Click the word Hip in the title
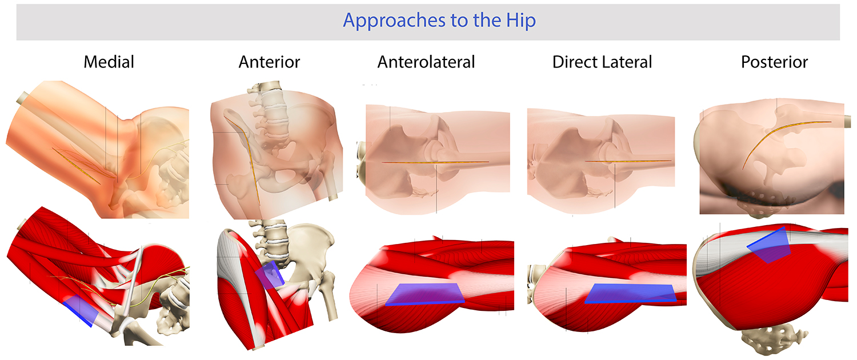[518, 21]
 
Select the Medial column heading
[109, 62]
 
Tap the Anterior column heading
[269, 62]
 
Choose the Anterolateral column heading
[426, 62]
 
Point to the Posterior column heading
[774, 62]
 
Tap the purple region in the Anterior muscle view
[270, 275]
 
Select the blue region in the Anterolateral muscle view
[423, 294]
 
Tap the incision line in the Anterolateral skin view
[434, 162]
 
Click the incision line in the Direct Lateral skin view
[628, 161]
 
